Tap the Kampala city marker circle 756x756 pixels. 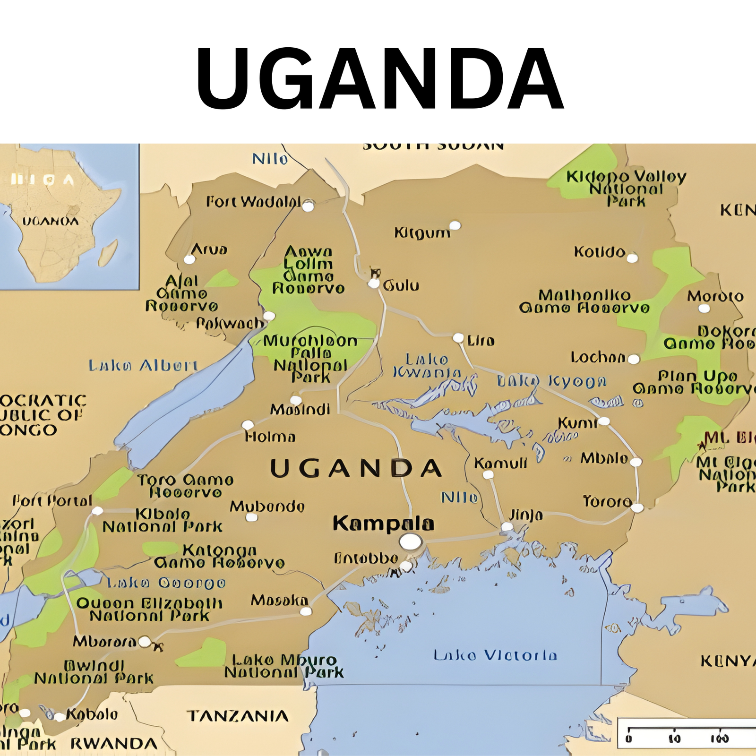411,541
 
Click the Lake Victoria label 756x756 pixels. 495,655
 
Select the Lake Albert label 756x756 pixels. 143,365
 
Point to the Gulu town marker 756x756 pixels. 374,283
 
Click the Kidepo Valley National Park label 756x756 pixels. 626,189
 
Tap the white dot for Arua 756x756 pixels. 189,259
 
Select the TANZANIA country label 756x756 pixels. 237,716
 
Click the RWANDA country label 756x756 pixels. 114,744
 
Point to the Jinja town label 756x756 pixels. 525,515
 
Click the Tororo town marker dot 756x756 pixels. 637,508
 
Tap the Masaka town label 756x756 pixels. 279,601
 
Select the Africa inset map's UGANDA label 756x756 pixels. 51,221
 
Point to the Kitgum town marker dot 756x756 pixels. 455,225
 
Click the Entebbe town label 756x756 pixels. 366,558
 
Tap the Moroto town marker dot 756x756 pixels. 704,309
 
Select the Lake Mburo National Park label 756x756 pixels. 283,666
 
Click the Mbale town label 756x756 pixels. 604,458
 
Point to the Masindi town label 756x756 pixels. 300,409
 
